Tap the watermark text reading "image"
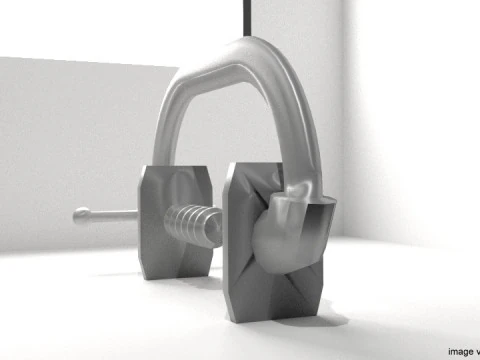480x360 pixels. pyautogui.click(x=462, y=351)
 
